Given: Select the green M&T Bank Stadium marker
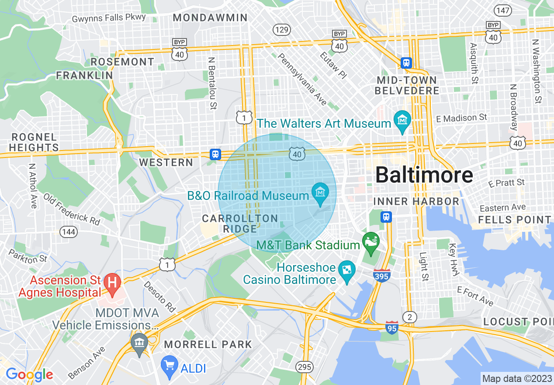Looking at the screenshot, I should coord(371,241).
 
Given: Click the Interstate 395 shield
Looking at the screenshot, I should coord(382,275).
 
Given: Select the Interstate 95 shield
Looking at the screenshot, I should coord(392,327).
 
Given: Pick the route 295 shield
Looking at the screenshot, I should coord(304,367).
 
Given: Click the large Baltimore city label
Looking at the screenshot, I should coord(424,175).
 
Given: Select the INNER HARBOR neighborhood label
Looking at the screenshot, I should coord(416,201).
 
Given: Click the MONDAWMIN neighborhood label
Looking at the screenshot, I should coord(210,18).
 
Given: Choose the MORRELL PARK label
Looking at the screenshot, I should coord(208,344).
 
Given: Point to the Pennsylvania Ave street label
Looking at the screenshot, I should coord(302,79).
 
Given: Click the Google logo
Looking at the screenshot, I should coord(29,374).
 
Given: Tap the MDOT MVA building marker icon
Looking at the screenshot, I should coord(139,342).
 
